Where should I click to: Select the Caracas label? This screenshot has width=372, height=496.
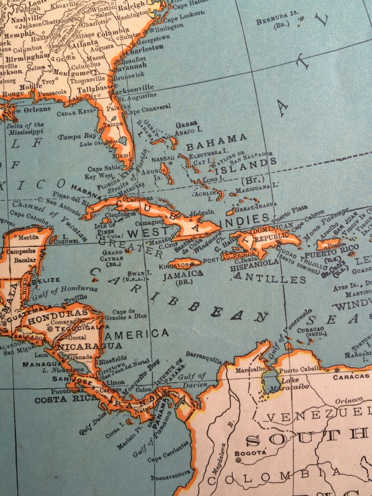(x=351, y=376)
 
